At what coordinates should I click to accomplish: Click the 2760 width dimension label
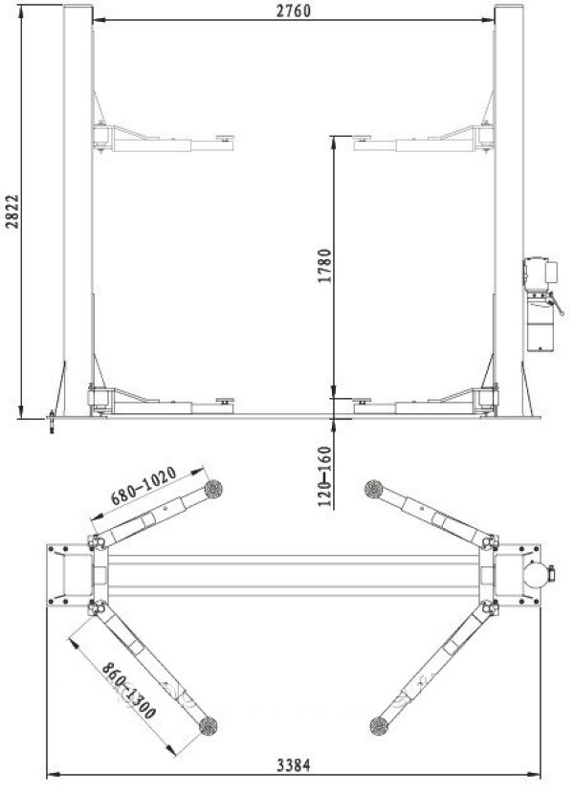[x=294, y=11]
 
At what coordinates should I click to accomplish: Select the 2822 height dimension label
[x=12, y=211]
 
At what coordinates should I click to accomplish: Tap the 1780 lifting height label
[x=325, y=266]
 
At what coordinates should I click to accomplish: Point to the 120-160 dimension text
[x=325, y=476]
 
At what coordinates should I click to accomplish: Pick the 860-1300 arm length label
[x=128, y=692]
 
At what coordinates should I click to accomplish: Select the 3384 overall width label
[x=294, y=765]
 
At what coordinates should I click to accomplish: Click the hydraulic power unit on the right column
[x=541, y=304]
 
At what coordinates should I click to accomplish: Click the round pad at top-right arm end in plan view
[x=374, y=489]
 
